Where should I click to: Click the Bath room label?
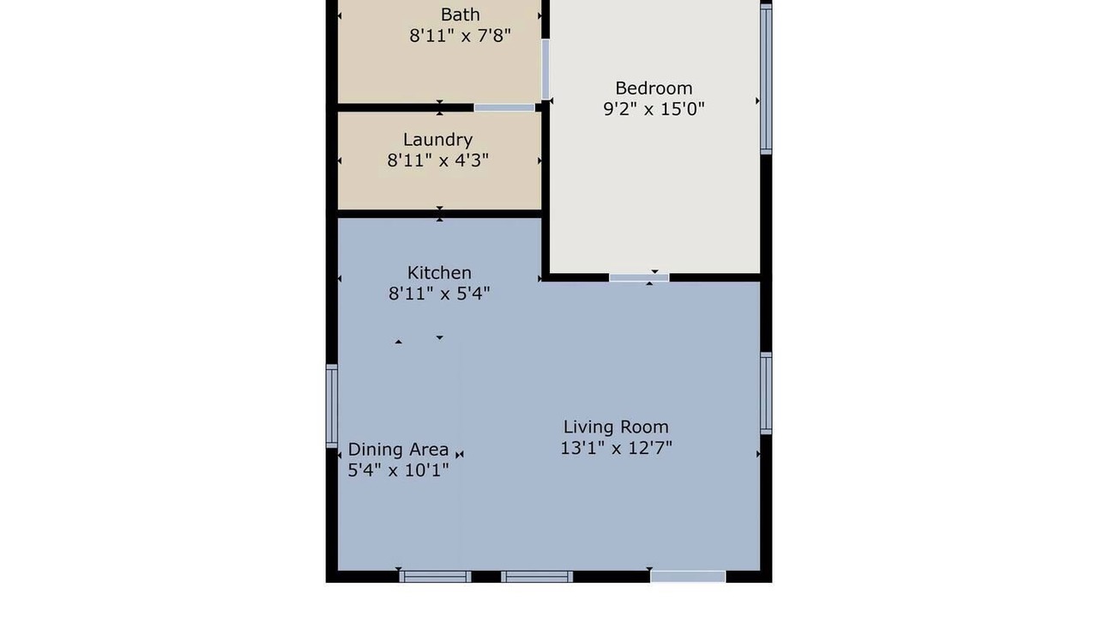pyautogui.click(x=460, y=15)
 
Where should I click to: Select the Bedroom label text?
pyautogui.click(x=654, y=88)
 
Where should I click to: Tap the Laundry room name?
pyautogui.click(x=437, y=140)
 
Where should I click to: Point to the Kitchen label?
pyautogui.click(x=439, y=272)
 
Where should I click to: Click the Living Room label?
pyautogui.click(x=616, y=427)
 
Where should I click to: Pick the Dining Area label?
pyautogui.click(x=398, y=449)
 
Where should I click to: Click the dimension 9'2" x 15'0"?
pyautogui.click(x=654, y=109)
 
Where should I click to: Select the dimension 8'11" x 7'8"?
pyautogui.click(x=460, y=36)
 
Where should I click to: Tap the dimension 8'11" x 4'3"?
pyautogui.click(x=437, y=161)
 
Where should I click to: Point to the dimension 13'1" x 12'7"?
pyautogui.click(x=616, y=448)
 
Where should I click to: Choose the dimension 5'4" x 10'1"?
pyautogui.click(x=398, y=470)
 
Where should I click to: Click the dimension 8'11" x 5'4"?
pyautogui.click(x=439, y=294)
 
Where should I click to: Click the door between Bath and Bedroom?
pyautogui.click(x=545, y=70)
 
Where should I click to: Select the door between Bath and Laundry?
pyautogui.click(x=504, y=108)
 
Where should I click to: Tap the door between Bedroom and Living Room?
pyautogui.click(x=639, y=278)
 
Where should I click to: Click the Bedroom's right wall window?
pyautogui.click(x=766, y=79)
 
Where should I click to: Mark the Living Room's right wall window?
pyautogui.click(x=766, y=393)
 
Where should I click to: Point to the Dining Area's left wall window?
pyautogui.click(x=332, y=406)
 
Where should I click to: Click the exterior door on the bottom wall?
pyautogui.click(x=688, y=577)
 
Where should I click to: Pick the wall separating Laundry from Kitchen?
pyautogui.click(x=440, y=214)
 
